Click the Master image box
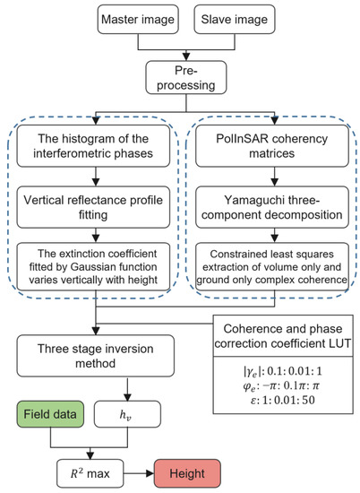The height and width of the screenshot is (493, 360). (x=138, y=19)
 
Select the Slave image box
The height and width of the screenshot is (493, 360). (x=235, y=19)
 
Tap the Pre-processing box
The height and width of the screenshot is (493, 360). (x=186, y=77)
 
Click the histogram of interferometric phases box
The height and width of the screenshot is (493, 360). (x=93, y=146)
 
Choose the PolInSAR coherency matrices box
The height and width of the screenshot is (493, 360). (x=272, y=146)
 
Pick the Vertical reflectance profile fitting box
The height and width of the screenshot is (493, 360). (x=93, y=207)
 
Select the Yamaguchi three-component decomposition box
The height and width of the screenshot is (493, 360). (x=272, y=207)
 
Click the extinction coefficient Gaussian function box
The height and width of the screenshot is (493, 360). (x=93, y=266)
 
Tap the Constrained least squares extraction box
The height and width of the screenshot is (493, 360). (x=272, y=266)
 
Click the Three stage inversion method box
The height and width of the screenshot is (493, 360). (x=96, y=356)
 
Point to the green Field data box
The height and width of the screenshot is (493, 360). (x=50, y=414)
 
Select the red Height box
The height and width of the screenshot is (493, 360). (x=187, y=473)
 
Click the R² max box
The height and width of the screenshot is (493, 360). (x=90, y=473)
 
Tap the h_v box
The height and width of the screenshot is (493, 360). (x=127, y=414)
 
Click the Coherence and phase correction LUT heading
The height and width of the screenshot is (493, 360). (x=283, y=336)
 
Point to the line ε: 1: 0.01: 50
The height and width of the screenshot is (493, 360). (x=283, y=401)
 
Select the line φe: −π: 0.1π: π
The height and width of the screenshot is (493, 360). (x=281, y=385)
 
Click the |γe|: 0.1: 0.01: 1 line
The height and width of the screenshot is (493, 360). (x=283, y=371)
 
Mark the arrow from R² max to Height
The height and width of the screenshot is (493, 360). (x=139, y=473)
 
